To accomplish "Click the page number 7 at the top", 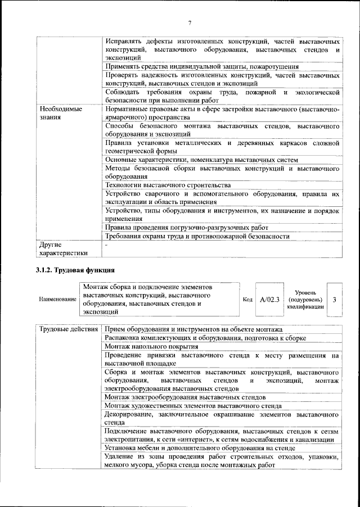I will coord(190,22).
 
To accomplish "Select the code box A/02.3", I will coord(270,300).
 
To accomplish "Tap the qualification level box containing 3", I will coord(335,300).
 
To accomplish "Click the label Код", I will coord(247,300).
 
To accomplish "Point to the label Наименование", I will coord(57,300).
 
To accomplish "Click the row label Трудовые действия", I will coord(69,329).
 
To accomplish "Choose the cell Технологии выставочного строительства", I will coord(168,184).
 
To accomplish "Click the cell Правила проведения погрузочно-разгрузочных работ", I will coord(186,228).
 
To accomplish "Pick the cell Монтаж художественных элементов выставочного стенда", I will coord(193,405).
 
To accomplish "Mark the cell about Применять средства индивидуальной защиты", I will coord(202,66).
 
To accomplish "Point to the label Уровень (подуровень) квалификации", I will coord(304,300).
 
